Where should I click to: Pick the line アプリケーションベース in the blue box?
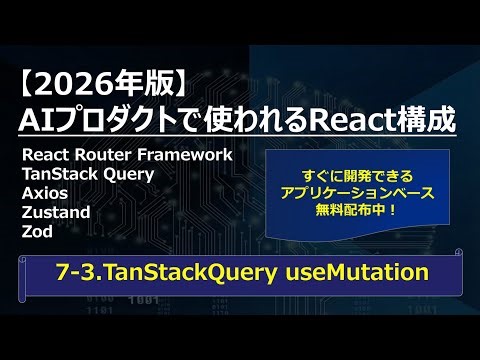357,191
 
